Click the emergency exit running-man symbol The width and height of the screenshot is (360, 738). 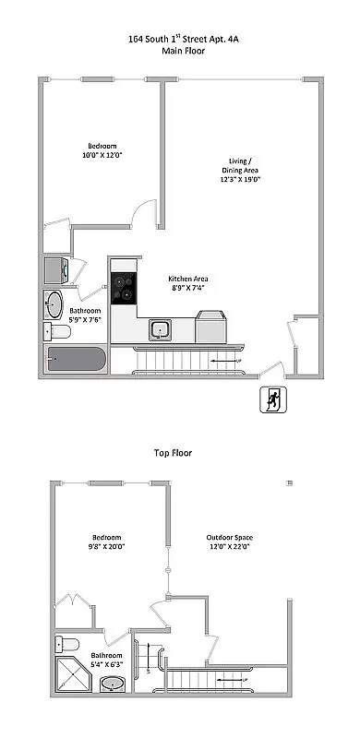point(273,401)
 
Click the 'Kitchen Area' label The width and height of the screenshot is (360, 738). point(186,280)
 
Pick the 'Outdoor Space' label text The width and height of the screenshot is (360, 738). point(231,537)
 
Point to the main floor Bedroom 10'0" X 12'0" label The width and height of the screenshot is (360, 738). point(102,151)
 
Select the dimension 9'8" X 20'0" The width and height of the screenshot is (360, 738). point(106,546)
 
